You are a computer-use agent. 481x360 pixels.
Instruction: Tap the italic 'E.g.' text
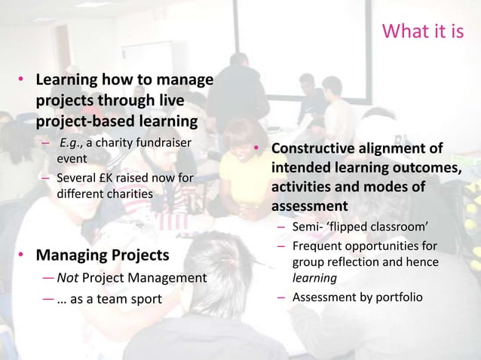click(x=71, y=144)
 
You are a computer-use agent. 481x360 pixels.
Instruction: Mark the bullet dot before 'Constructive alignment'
click(x=257, y=149)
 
